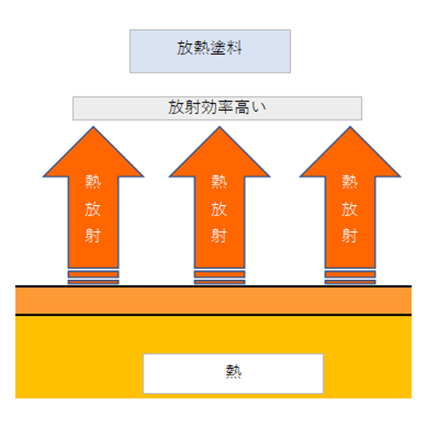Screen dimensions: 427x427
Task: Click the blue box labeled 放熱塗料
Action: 210,51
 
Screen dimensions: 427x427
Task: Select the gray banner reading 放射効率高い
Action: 217,108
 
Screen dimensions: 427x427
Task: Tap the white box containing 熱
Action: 233,373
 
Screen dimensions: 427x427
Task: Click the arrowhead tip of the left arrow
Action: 93,126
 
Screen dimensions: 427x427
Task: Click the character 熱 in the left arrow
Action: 93,182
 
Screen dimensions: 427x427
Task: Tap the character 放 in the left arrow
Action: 93,209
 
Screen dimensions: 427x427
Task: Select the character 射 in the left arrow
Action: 93,236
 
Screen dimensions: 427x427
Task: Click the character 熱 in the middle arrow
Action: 219,182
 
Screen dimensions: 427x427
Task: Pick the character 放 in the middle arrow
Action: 219,209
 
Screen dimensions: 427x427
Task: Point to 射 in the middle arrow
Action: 219,236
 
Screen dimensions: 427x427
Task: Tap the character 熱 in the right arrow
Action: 349,182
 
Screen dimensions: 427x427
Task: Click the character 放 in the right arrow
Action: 349,209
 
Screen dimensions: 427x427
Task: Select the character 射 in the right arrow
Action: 349,236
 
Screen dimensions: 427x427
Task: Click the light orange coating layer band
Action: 213,301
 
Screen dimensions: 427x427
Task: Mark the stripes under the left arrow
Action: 93,278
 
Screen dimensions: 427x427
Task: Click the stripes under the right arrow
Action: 350,278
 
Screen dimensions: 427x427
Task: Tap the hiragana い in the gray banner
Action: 259,108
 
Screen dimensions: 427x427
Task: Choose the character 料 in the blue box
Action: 234,48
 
